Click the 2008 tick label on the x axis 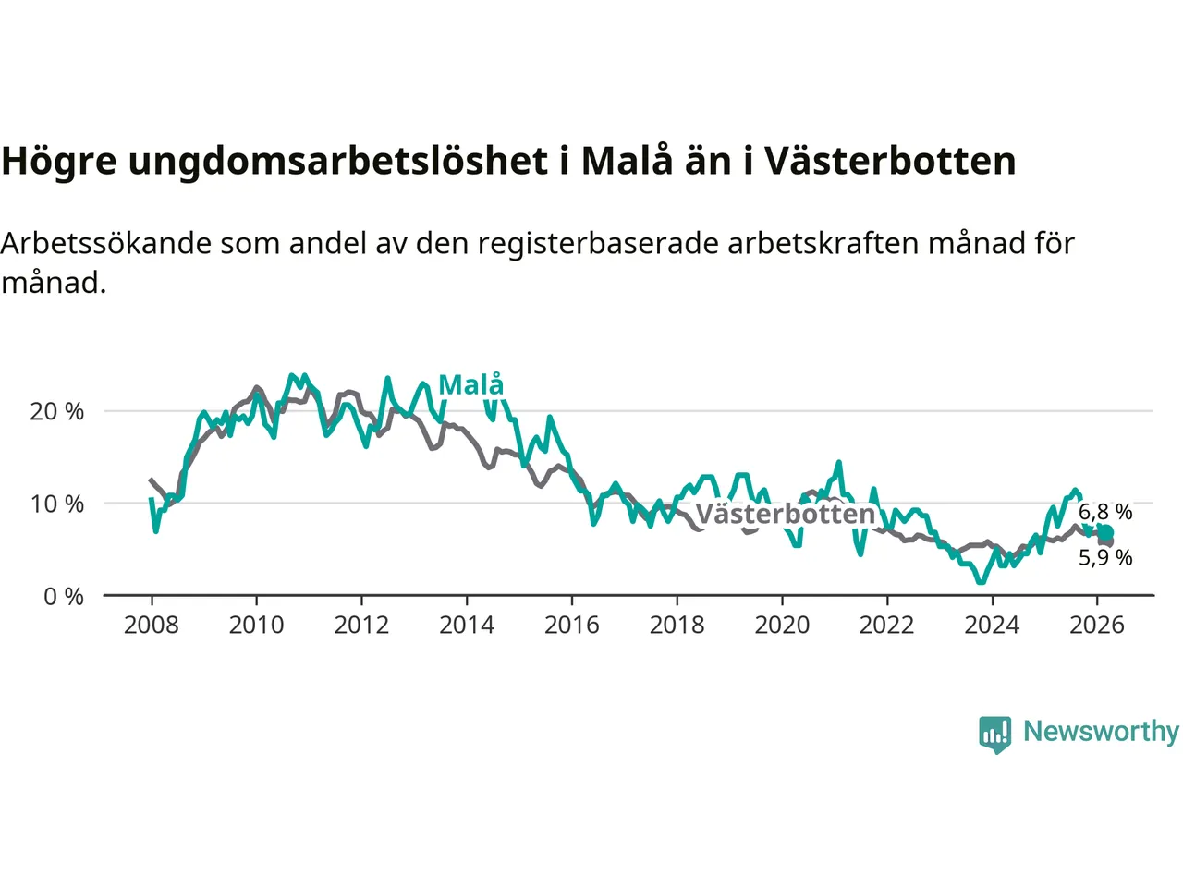click(152, 626)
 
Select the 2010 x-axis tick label click(256, 626)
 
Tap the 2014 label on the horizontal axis click(467, 626)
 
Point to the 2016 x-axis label click(571, 626)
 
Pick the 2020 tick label click(782, 626)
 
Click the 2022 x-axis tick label click(886, 626)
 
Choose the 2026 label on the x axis click(1097, 626)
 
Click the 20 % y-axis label click(56, 412)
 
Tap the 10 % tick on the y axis click(56, 504)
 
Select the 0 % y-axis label click(64, 597)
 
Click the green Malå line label click(471, 384)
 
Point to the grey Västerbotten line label click(785, 514)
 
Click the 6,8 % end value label click(1105, 512)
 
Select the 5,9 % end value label click(1105, 557)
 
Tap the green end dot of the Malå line click(1105, 532)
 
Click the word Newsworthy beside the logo click(1101, 731)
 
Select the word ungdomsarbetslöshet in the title click(337, 162)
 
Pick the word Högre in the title click(59, 162)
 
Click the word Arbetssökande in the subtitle click(106, 243)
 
